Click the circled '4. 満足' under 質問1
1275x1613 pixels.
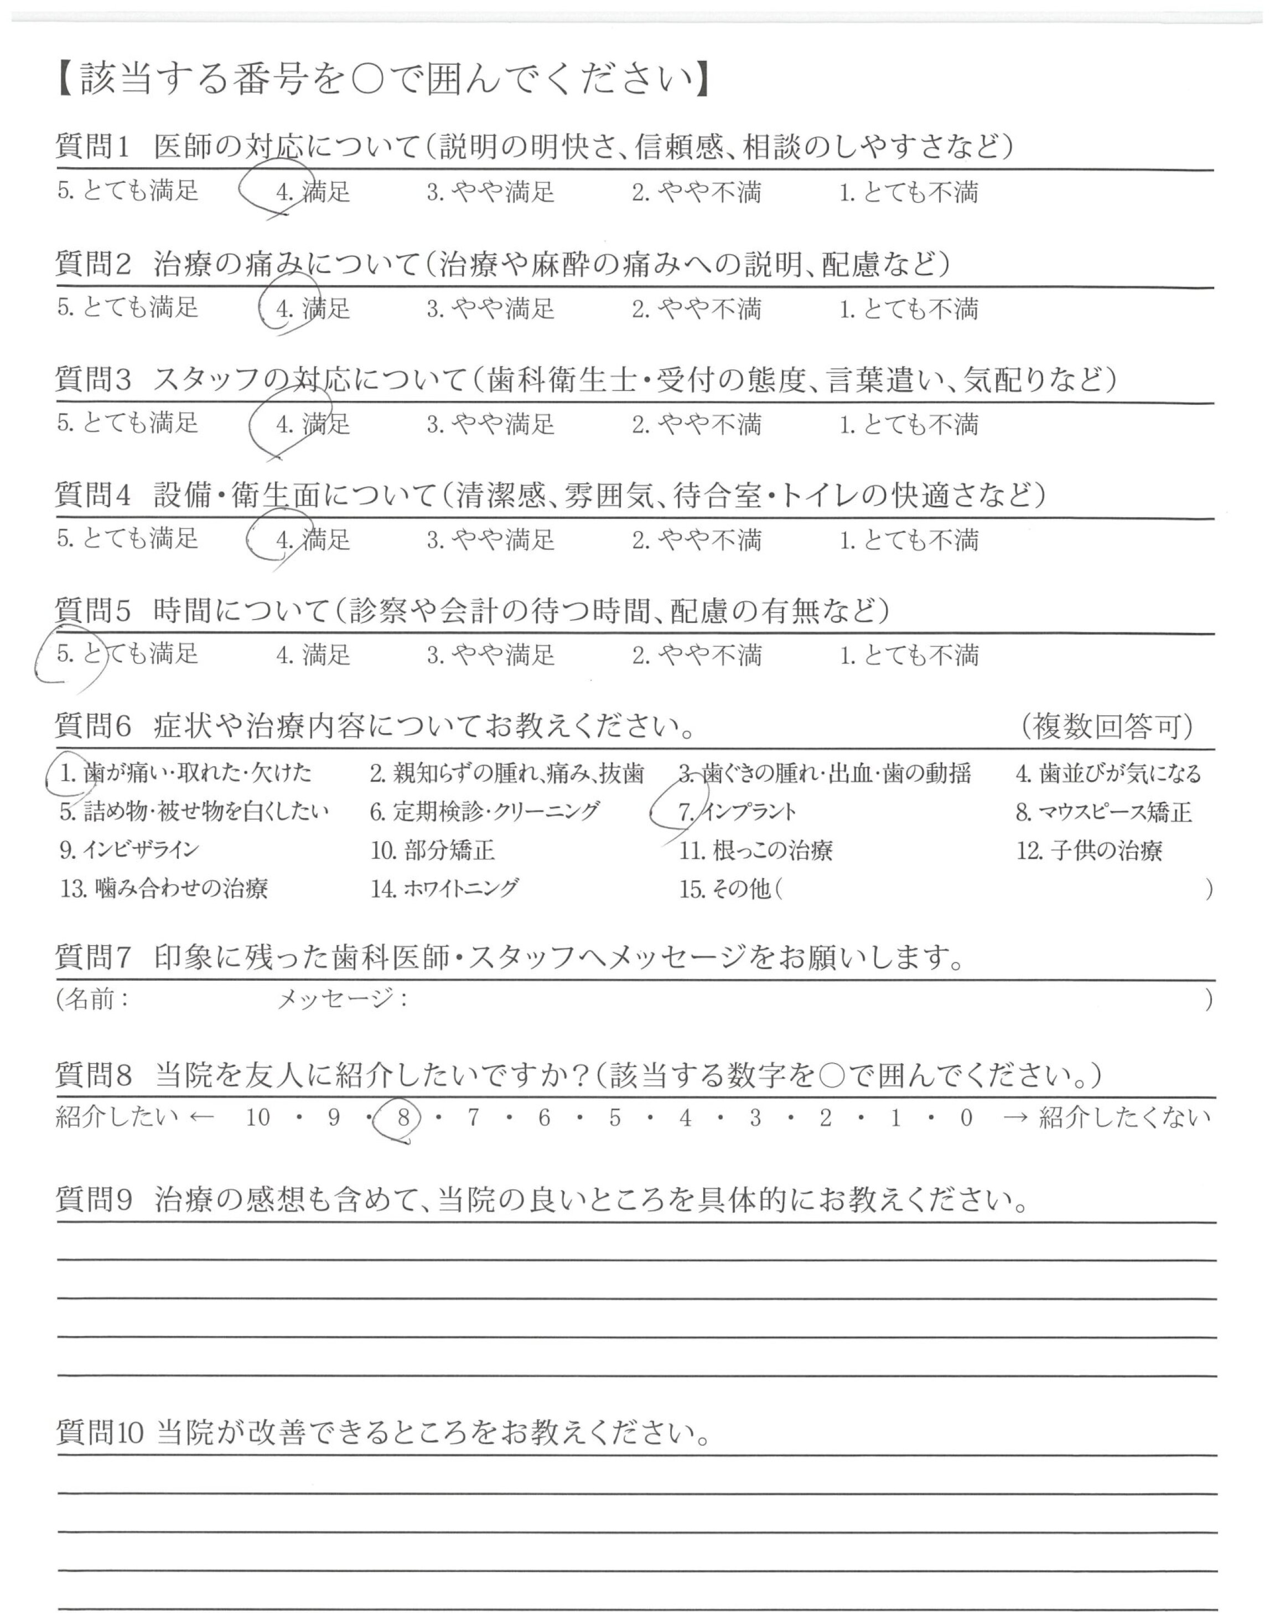coord(313,192)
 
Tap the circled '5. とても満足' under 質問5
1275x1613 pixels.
coord(127,654)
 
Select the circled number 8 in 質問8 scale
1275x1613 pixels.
coord(403,1118)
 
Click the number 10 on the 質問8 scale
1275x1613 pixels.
coord(257,1118)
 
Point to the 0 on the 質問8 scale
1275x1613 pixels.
coord(966,1118)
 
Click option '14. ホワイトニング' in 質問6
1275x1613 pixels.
coord(444,889)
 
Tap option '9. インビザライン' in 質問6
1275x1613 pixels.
coord(129,850)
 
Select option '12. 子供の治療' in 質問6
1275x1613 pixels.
coord(1089,851)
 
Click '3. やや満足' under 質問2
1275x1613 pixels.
coord(490,308)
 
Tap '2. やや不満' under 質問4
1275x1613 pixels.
coord(697,540)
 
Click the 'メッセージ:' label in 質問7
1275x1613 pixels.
coord(343,998)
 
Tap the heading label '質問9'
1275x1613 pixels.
coord(94,1199)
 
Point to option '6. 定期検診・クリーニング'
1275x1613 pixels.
coord(484,812)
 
